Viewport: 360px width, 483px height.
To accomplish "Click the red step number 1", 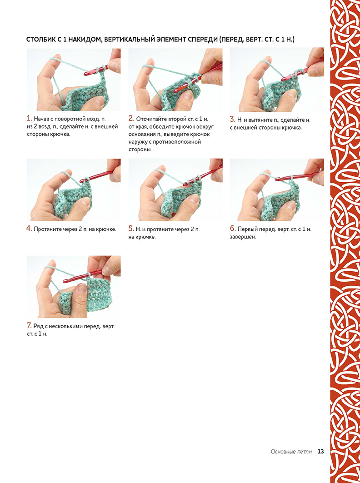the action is [29, 118].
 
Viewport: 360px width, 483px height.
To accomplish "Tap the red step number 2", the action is [131, 118].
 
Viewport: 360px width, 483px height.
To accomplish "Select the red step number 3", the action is [233, 119].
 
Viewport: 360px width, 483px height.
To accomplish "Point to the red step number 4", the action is [29, 229].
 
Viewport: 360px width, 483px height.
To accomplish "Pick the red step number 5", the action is [131, 229].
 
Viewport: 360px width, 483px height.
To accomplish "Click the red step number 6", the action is [233, 229].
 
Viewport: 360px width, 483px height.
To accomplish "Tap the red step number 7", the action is [29, 326].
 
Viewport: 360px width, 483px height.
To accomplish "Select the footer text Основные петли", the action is [291, 452].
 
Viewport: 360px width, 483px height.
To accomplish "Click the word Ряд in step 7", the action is [39, 326].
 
